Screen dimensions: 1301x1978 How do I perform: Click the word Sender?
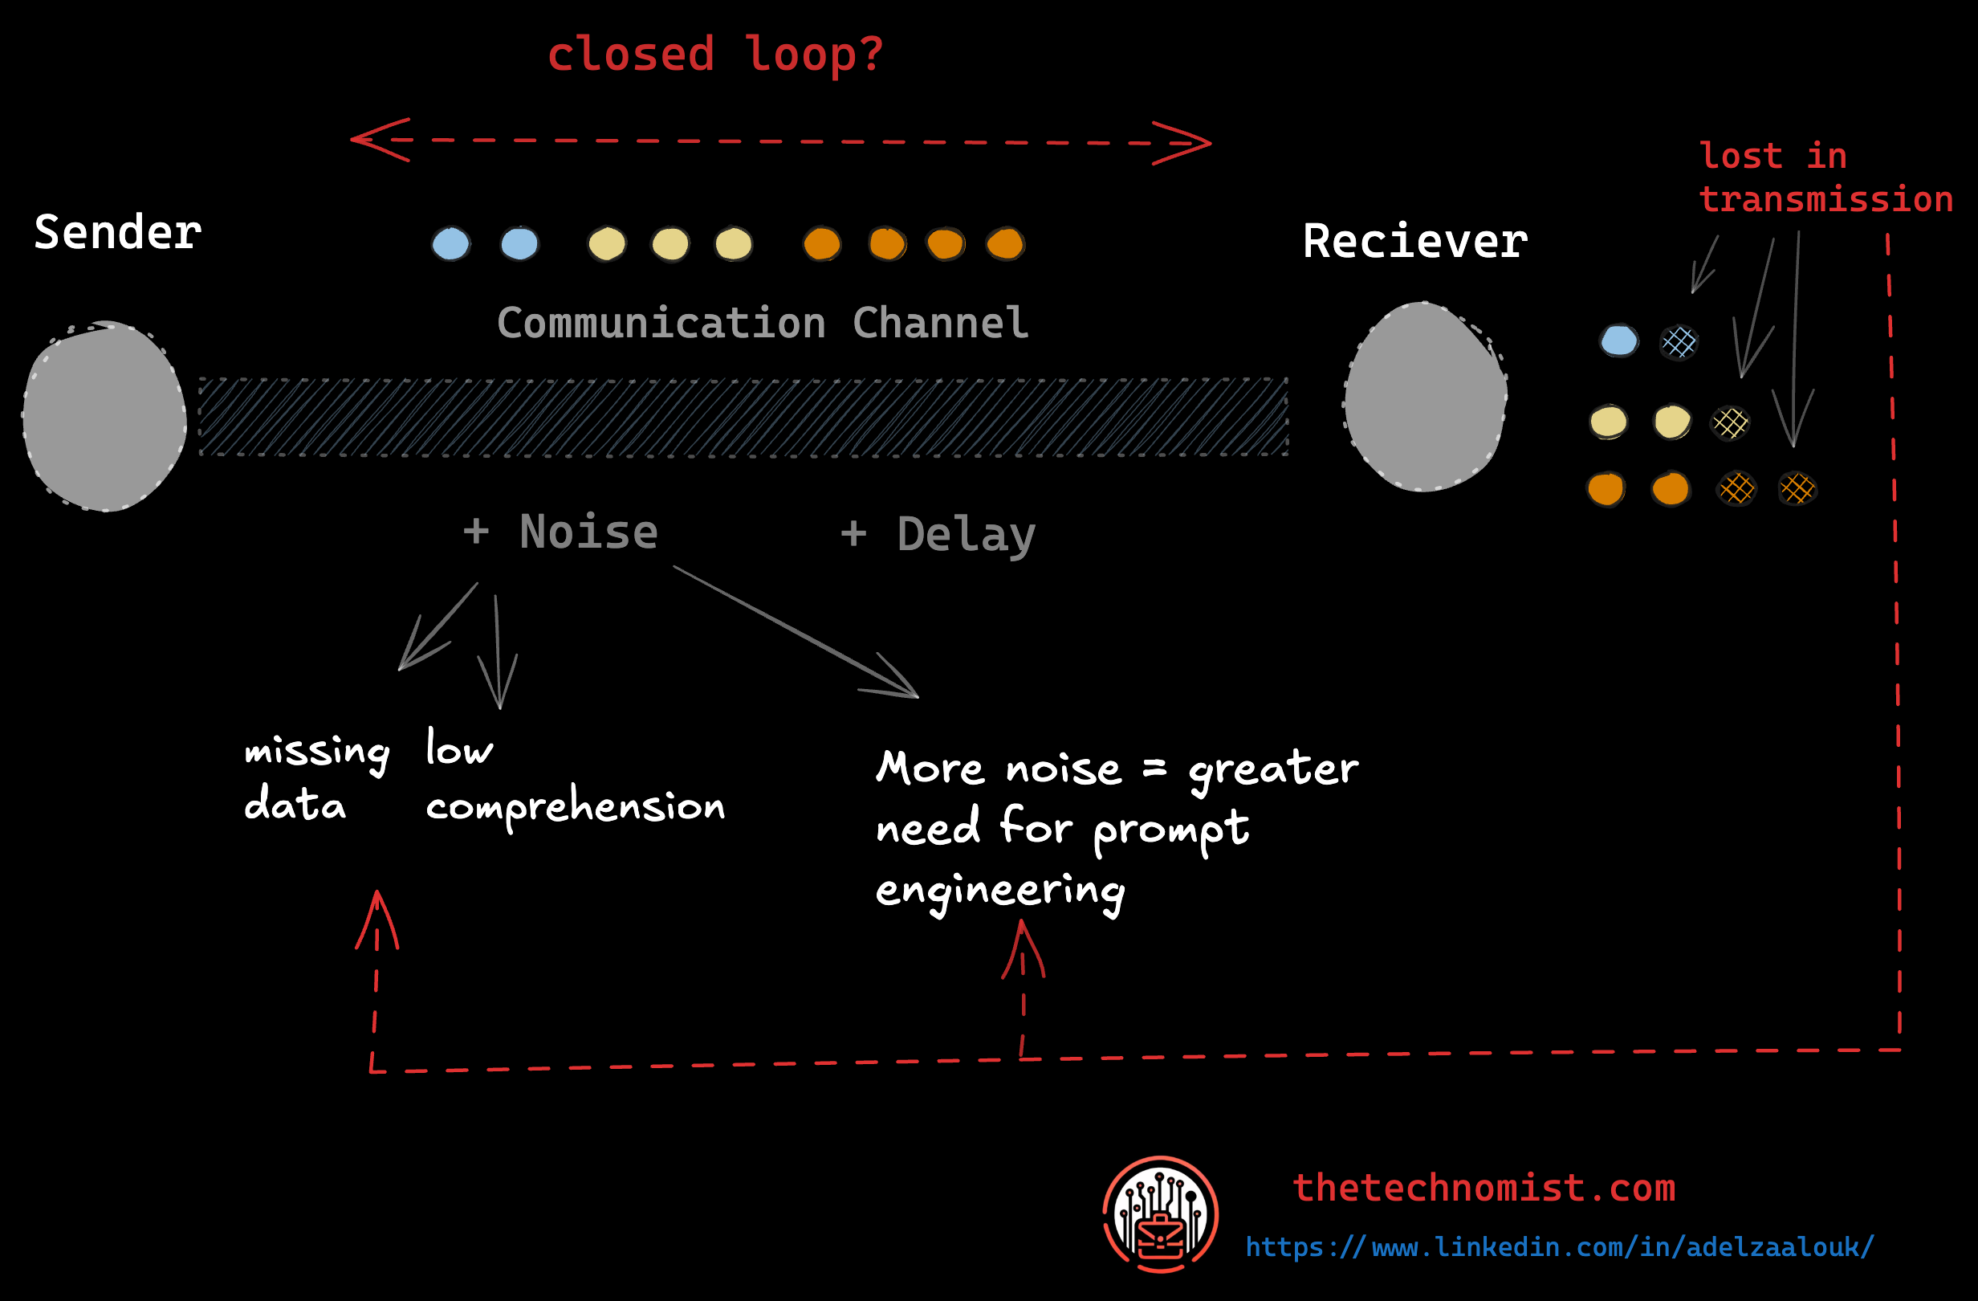(117, 232)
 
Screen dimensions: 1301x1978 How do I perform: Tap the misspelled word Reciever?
(1414, 242)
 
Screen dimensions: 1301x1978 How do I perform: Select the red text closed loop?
(714, 55)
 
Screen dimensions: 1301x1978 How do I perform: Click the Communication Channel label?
(762, 323)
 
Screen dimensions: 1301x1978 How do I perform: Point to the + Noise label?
(560, 532)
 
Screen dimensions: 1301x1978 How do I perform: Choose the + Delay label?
(938, 534)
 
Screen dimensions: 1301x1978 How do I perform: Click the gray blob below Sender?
(104, 416)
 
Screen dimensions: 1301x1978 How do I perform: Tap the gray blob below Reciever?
(1426, 398)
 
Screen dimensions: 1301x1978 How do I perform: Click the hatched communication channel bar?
(743, 417)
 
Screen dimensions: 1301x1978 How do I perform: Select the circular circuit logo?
(1160, 1213)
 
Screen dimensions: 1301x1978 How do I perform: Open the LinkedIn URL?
(1559, 1247)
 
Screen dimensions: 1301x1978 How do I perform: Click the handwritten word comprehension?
(575, 806)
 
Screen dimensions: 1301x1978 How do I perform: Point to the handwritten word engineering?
(999, 891)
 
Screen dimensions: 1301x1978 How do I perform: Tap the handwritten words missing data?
(315, 777)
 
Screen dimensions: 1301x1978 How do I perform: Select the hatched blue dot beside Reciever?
(1678, 341)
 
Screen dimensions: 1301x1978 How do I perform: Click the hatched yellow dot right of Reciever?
(1730, 423)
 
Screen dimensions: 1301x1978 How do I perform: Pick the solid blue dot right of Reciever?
(1618, 341)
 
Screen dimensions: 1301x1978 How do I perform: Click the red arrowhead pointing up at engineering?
(1022, 948)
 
